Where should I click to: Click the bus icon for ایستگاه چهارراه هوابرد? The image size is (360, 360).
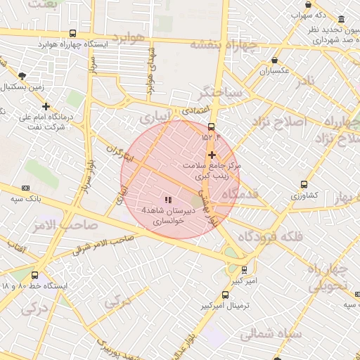point(73,33)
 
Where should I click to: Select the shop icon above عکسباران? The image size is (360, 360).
point(274,61)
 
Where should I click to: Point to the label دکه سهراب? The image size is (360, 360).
point(313,15)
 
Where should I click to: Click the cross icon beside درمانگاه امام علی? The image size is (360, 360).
point(46,106)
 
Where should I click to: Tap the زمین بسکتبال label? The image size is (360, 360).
point(24,86)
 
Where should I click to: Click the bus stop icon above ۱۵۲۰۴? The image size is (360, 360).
point(211,127)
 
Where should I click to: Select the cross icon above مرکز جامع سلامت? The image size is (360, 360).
point(212,154)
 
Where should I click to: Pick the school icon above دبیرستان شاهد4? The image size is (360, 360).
point(167,200)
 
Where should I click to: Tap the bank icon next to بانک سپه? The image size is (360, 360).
point(26,188)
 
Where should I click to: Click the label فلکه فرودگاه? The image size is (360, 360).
point(271,237)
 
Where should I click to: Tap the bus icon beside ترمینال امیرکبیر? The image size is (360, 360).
point(225,295)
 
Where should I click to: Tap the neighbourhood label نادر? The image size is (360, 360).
point(306,82)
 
